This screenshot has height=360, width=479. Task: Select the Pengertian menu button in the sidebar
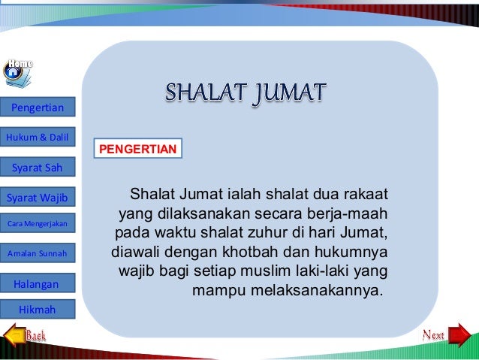[38, 110]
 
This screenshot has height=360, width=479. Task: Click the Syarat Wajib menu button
[38, 198]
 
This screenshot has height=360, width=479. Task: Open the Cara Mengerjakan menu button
[38, 225]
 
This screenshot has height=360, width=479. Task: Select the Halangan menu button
[38, 283]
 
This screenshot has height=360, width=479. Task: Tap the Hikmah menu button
[38, 309]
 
